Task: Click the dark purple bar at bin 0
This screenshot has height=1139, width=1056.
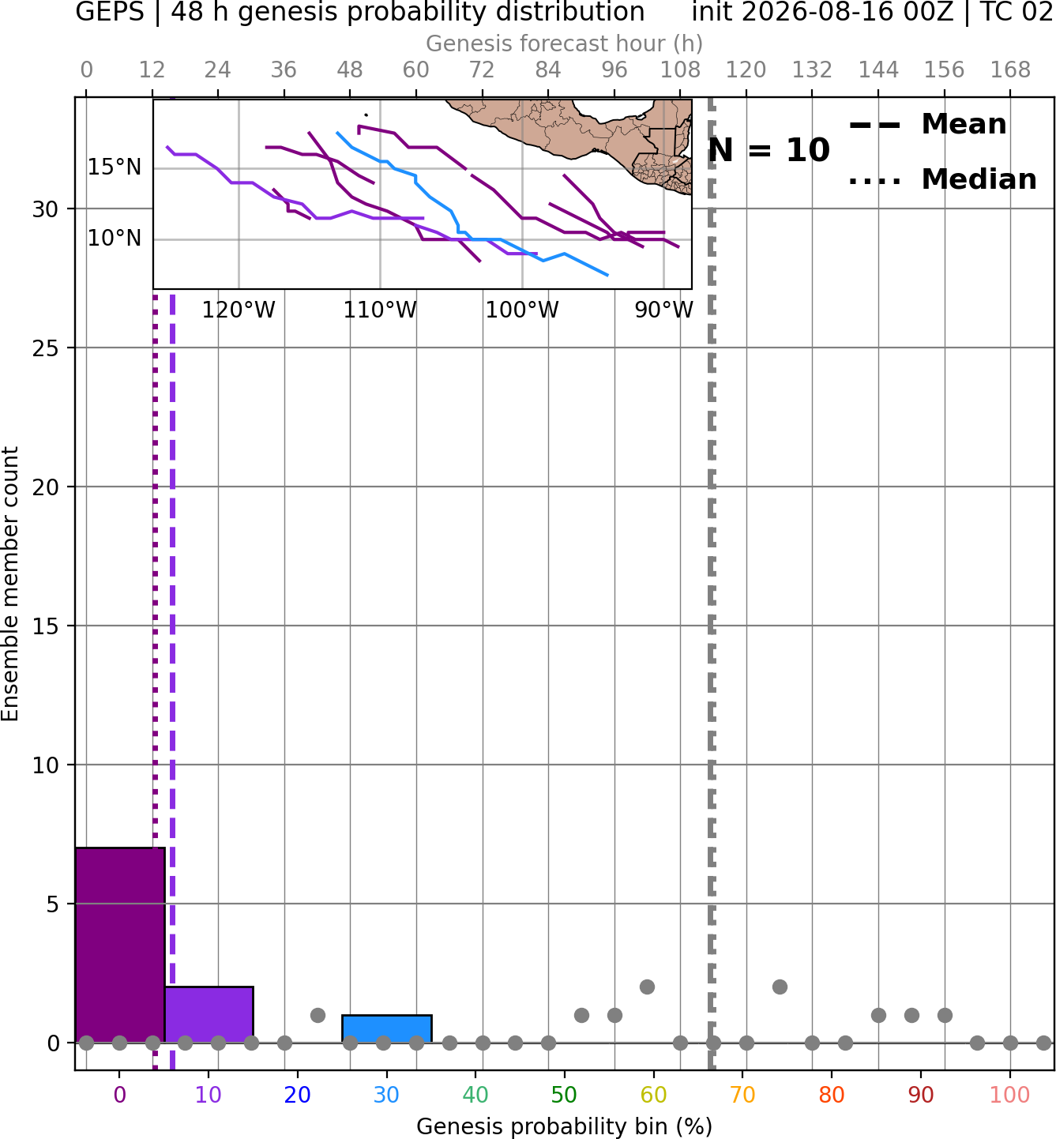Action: click(x=120, y=945)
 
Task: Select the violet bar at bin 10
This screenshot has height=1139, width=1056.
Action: click(x=209, y=1014)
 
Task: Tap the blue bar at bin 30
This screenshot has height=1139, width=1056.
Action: click(x=387, y=1028)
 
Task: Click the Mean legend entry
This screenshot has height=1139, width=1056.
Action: click(x=927, y=125)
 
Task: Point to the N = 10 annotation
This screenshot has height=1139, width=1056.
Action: click(x=769, y=150)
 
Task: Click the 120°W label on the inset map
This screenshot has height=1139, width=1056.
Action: click(x=239, y=310)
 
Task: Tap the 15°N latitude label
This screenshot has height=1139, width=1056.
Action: click(x=115, y=167)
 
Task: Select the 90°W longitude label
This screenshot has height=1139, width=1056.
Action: click(x=663, y=310)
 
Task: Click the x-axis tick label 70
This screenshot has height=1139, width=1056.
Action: click(x=742, y=1095)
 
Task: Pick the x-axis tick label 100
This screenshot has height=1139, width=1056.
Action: click(x=1010, y=1095)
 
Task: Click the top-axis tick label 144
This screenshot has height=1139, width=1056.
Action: click(x=878, y=70)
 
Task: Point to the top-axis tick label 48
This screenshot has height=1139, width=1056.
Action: click(x=350, y=70)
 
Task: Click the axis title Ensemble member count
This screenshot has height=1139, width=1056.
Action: click(x=10, y=584)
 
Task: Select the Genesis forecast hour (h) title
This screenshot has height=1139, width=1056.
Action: click(x=565, y=43)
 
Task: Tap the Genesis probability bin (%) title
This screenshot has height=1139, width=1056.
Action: click(x=565, y=1126)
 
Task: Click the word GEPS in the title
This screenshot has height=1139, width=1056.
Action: click(x=110, y=12)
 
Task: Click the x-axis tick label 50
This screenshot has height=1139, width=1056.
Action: click(x=565, y=1095)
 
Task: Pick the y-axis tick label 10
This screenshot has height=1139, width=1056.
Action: click(x=46, y=765)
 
